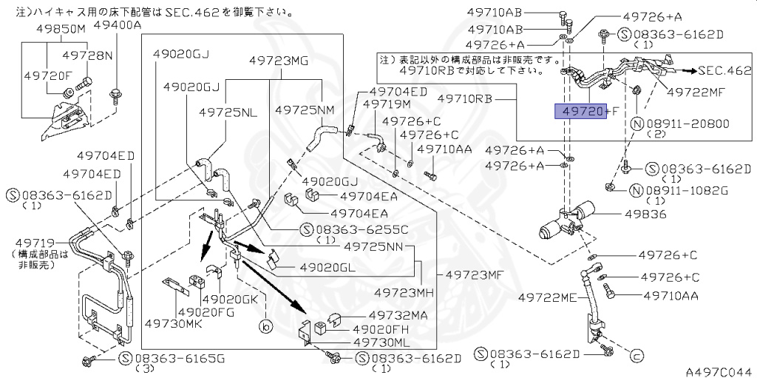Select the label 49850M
coord(61,29)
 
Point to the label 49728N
coord(87,55)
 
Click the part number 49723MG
coord(277,61)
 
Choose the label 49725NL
coord(228,112)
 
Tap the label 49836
coord(645,214)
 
